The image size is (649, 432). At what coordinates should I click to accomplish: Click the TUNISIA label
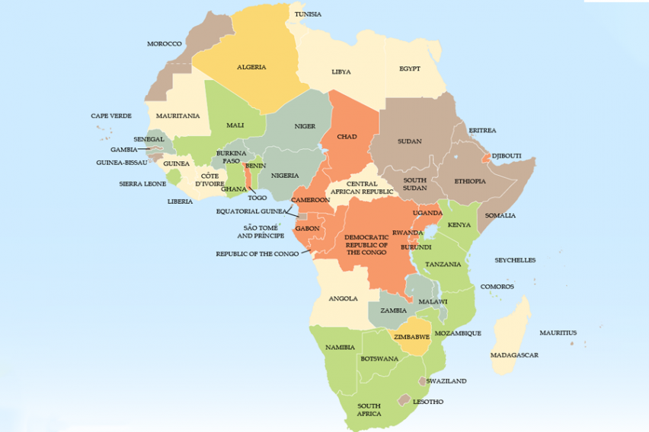point(309,14)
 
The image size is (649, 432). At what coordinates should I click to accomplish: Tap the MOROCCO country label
point(165,44)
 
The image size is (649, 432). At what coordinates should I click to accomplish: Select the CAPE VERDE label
point(111,116)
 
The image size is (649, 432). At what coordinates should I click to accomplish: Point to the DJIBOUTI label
point(507,156)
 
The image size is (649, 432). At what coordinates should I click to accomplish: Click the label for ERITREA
point(482,130)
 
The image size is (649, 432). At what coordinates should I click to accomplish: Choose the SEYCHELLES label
point(515,260)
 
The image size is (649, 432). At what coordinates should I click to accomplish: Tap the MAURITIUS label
point(558,333)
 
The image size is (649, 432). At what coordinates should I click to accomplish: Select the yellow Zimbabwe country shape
point(412,341)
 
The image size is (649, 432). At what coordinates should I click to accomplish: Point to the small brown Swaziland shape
point(421,380)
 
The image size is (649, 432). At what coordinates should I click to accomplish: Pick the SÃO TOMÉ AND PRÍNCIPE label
point(264,232)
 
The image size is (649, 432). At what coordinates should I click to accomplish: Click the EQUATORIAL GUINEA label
point(251,211)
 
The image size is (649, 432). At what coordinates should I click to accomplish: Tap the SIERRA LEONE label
point(142,184)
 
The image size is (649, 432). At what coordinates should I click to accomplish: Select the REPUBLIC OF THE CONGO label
point(257,254)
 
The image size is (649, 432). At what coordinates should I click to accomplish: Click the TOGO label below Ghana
point(257,198)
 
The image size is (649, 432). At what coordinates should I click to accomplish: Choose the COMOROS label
point(497,287)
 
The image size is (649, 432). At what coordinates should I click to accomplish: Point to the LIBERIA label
point(181,202)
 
